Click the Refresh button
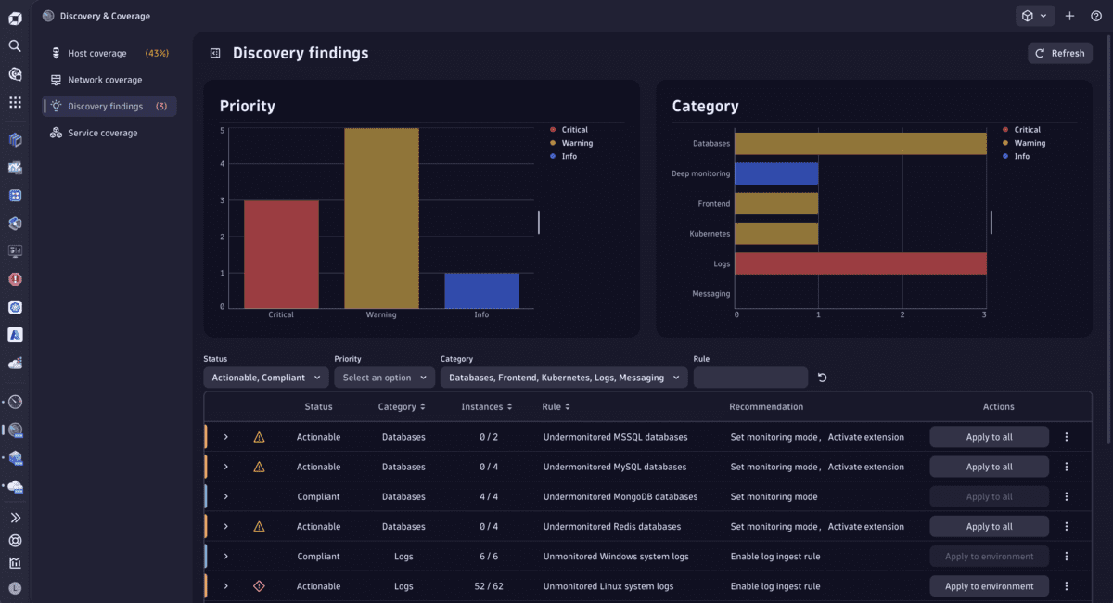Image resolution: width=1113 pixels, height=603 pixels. coord(1059,53)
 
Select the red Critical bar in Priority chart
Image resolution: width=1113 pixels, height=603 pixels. coord(281,254)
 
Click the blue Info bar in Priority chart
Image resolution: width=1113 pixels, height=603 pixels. coord(481,290)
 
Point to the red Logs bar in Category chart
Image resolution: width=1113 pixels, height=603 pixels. coord(860,263)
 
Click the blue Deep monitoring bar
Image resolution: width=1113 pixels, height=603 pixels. coord(777,173)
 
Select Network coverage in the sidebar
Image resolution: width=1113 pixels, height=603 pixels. coord(105,80)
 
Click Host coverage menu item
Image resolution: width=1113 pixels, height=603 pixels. coord(97,54)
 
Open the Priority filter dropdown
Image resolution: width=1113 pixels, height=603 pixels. coord(384,378)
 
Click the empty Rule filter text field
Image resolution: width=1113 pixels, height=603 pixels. coord(750,378)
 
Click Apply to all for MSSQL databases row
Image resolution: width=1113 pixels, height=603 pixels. coord(989,437)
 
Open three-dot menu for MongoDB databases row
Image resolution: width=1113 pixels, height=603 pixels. coord(1067,496)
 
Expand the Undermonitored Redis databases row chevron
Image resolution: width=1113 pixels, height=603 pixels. coord(225,527)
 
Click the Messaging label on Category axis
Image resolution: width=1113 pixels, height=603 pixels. coord(711,294)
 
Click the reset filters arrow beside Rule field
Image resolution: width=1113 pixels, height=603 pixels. coord(822,378)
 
